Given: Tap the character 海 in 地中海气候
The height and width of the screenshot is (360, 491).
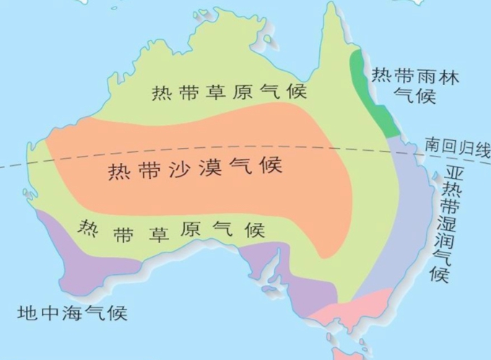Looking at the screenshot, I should pos(72,314).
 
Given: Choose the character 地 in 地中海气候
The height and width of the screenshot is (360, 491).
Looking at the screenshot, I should pos(27,314).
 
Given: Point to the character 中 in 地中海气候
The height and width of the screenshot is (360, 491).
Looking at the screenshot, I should pos(49,314).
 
